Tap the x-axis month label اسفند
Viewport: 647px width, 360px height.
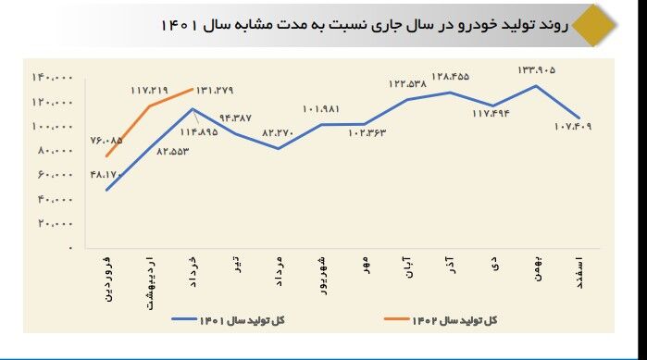tap(579, 274)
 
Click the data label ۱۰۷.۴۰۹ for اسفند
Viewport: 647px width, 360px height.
tap(574, 126)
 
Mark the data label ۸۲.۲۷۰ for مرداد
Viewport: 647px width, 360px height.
tap(278, 132)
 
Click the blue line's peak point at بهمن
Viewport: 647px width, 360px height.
tap(537, 86)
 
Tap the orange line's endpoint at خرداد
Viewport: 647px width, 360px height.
tap(192, 89)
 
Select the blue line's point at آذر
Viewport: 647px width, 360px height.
tap(450, 93)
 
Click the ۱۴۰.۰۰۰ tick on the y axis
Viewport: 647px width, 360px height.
tap(53, 77)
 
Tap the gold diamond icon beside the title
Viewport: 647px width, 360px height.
tap(591, 25)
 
